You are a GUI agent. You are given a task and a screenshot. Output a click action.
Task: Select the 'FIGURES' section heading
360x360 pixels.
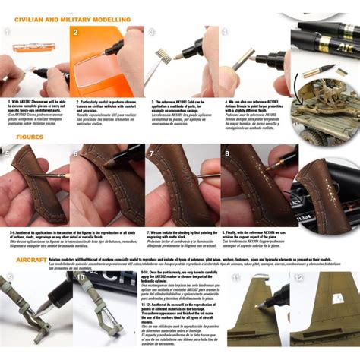(30, 137)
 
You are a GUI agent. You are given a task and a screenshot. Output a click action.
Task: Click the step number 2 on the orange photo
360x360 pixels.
(76, 33)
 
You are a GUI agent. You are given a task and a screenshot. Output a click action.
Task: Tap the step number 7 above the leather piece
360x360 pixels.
(155, 152)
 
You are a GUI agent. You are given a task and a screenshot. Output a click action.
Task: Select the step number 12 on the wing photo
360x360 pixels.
(298, 278)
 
